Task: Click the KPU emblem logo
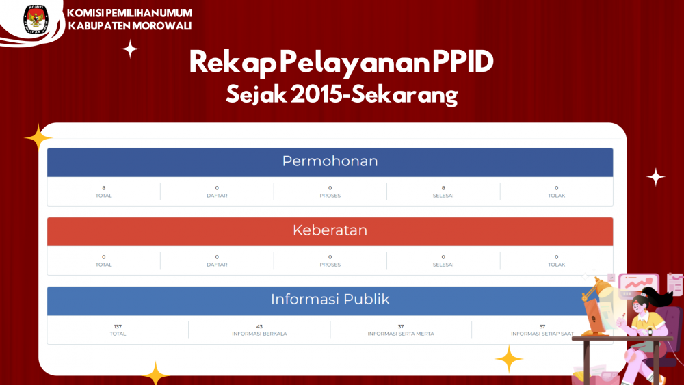(36, 20)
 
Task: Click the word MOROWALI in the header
(162, 26)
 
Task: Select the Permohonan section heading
(330, 161)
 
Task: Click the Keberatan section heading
(330, 230)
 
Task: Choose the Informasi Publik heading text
(330, 299)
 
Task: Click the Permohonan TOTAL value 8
(104, 188)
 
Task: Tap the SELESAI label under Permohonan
(443, 196)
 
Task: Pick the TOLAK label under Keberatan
(556, 265)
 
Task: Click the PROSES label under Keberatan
(330, 265)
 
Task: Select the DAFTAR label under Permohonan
(217, 196)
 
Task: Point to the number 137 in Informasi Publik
(118, 326)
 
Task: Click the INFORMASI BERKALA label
(259, 334)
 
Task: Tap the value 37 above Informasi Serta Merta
(400, 326)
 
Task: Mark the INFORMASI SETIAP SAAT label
(542, 334)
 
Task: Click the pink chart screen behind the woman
(638, 284)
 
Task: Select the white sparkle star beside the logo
(130, 49)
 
